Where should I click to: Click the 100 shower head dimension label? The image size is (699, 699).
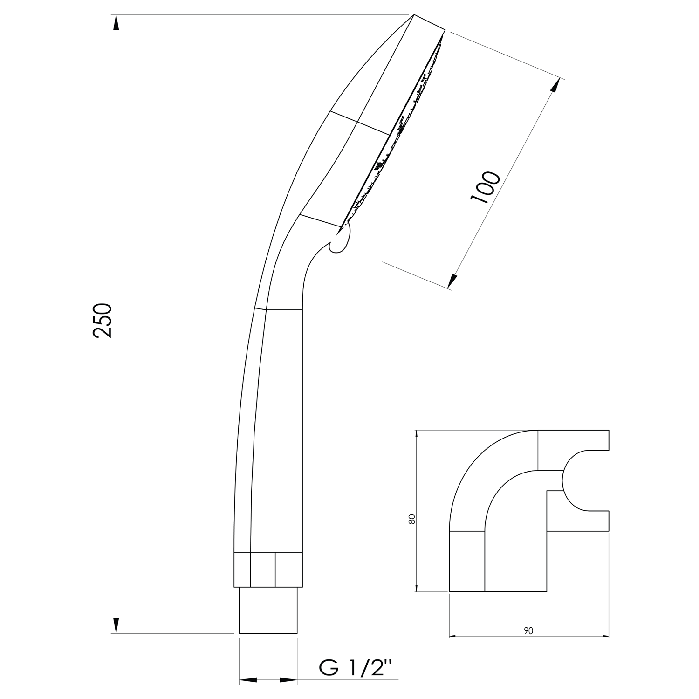coord(485,187)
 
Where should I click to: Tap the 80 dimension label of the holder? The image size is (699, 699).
coord(411,519)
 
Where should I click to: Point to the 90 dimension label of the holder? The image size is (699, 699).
coord(528,631)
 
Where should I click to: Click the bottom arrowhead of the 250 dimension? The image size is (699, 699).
coord(116,624)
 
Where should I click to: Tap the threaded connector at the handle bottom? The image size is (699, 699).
coord(268,610)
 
